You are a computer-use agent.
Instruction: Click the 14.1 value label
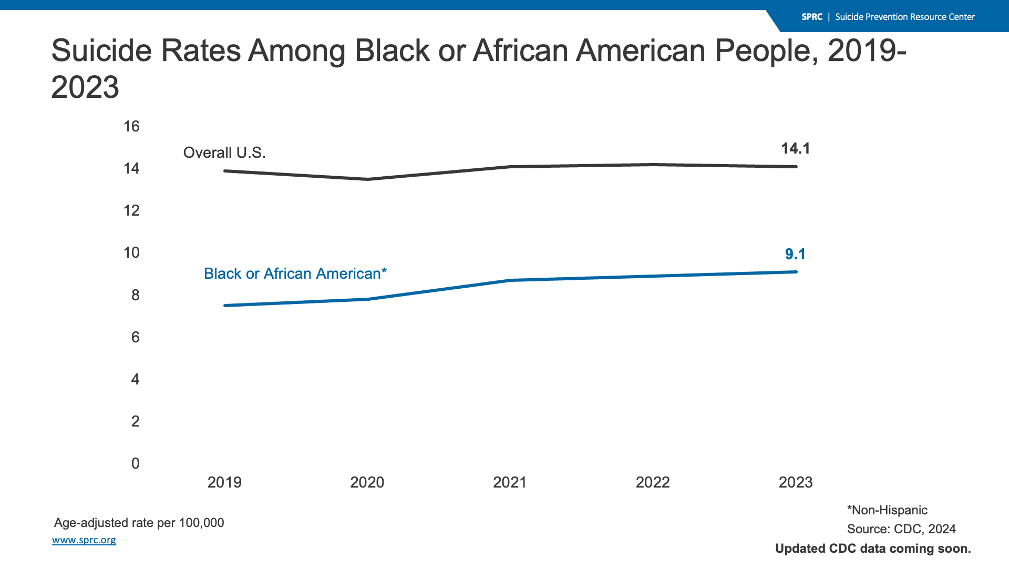[796, 148]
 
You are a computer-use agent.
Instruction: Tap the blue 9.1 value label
[796, 254]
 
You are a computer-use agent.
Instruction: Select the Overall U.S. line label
[224, 153]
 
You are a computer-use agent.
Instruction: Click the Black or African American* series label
[295, 273]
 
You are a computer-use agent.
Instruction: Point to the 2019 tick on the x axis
[224, 482]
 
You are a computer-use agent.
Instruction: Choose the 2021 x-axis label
[510, 482]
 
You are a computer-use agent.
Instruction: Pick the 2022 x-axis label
[653, 482]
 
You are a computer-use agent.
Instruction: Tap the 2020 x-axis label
[367, 482]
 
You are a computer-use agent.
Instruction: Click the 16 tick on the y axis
[131, 126]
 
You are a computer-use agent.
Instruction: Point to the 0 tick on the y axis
[136, 463]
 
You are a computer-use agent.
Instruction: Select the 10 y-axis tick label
[131, 252]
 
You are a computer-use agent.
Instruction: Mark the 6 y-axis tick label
[136, 337]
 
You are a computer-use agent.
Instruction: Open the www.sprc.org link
[84, 540]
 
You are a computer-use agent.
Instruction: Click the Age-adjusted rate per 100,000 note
[139, 523]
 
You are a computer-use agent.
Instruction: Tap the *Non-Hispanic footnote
[887, 510]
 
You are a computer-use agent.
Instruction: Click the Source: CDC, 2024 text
[901, 529]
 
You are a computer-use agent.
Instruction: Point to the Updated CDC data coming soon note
[873, 549]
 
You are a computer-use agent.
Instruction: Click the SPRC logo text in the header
[812, 17]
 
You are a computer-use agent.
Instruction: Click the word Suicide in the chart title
[101, 50]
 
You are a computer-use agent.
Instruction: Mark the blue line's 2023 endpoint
[796, 272]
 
